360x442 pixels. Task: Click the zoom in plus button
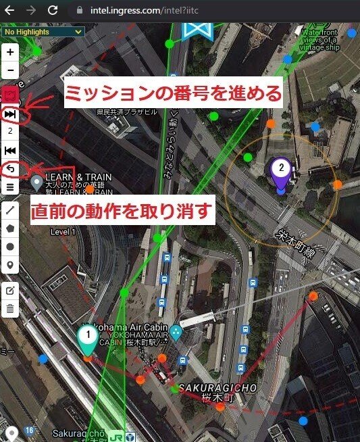click(10, 52)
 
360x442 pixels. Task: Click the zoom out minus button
click(10, 70)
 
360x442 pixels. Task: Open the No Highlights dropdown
click(43, 31)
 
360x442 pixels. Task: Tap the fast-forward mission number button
click(10, 115)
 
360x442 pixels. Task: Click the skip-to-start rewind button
click(10, 150)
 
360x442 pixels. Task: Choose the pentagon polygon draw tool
click(10, 229)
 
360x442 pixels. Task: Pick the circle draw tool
click(10, 247)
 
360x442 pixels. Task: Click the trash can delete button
click(10, 309)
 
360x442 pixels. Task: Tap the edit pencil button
click(10, 291)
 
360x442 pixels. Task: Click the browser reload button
click(52, 10)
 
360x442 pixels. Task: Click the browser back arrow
click(9, 10)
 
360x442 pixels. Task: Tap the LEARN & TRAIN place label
click(78, 177)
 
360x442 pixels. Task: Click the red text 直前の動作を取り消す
click(123, 212)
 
